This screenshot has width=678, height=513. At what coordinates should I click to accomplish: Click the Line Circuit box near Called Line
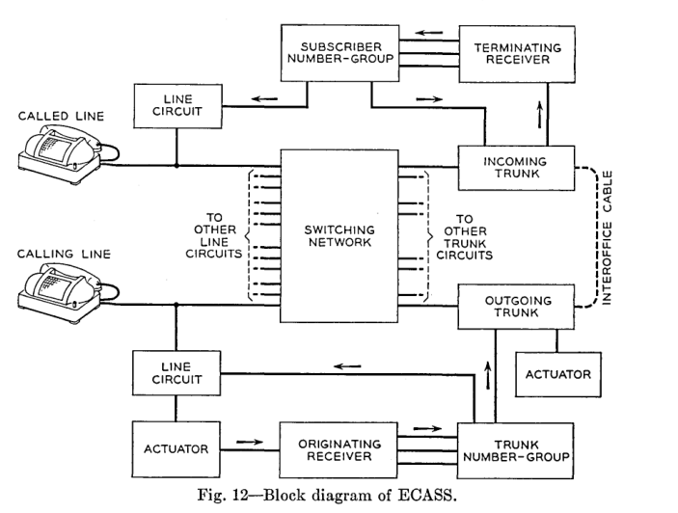(176, 108)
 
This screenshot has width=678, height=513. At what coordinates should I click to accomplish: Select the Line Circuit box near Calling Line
(176, 372)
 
